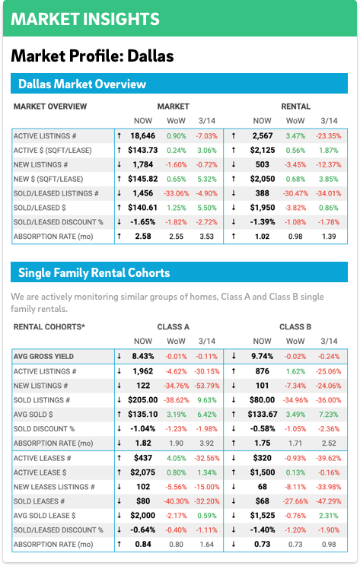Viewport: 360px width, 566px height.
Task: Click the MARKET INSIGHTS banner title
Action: coord(85,19)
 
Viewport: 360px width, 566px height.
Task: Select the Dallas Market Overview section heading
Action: coord(82,84)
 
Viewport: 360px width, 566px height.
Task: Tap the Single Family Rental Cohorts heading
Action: coord(94,272)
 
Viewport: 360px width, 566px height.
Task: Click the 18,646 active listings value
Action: coord(143,136)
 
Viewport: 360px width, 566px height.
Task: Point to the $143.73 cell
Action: coord(143,150)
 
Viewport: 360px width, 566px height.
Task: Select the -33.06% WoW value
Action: coord(177,193)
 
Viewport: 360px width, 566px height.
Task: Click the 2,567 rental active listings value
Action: coord(262,136)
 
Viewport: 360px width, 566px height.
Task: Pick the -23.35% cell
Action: coord(329,136)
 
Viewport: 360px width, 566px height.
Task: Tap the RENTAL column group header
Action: coord(296,107)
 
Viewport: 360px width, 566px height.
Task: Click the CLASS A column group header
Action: coord(174,327)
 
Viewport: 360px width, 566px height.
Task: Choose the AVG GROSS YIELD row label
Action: coord(43,357)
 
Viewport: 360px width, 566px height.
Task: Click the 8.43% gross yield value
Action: coord(143,357)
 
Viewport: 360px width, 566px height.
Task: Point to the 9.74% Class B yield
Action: coord(262,357)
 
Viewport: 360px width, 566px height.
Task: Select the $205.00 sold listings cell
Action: coord(143,400)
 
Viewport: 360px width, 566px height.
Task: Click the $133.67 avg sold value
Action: coord(263,415)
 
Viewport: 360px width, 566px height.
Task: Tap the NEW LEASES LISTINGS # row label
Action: coord(54,487)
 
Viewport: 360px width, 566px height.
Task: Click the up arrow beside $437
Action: coord(119,458)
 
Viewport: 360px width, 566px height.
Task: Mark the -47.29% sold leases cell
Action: coord(329,501)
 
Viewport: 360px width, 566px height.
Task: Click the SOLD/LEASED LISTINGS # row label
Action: coord(56,193)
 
